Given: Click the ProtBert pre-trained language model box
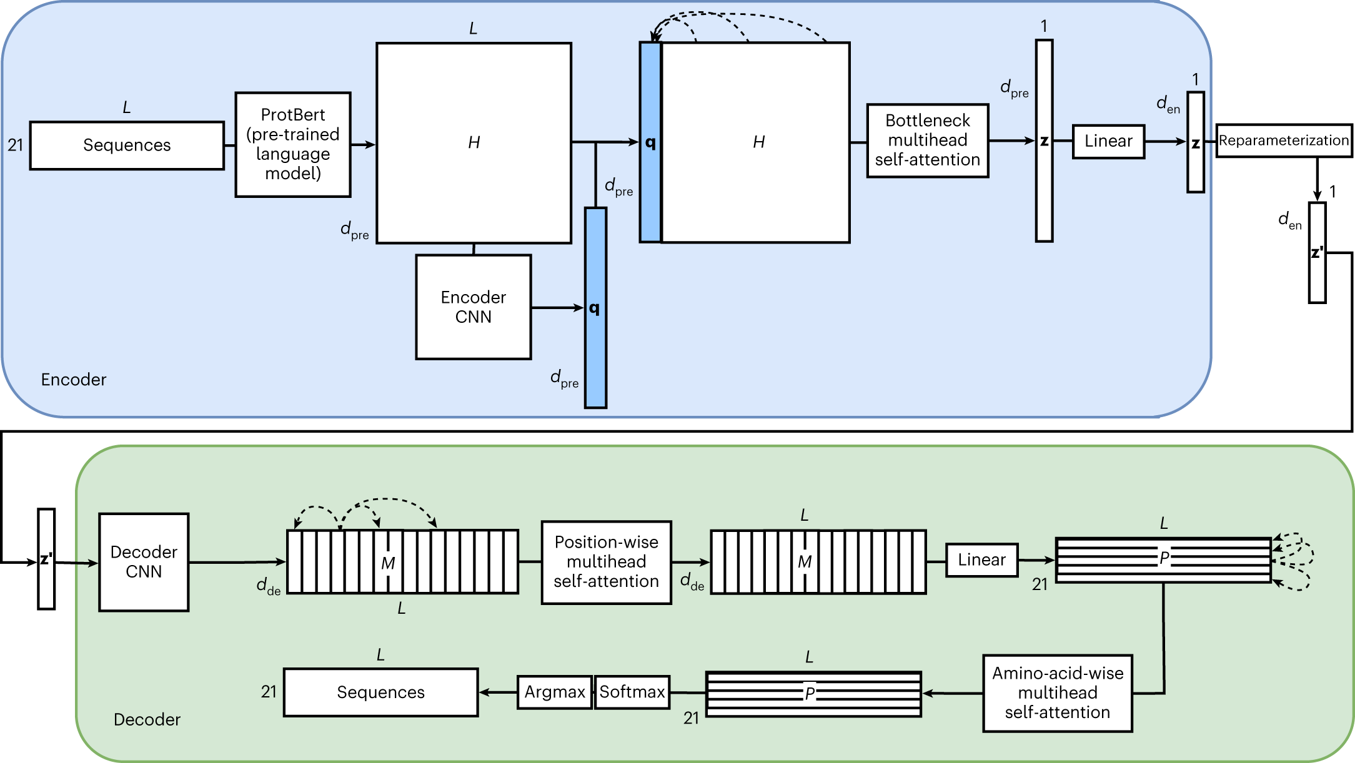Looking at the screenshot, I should (x=292, y=144).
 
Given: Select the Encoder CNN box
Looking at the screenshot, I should (x=473, y=307).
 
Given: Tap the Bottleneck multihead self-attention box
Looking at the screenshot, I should (x=927, y=140).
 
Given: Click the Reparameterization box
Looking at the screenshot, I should (x=1283, y=140).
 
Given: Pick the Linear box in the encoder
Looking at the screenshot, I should (x=1108, y=141).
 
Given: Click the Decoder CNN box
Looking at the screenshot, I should (x=144, y=562).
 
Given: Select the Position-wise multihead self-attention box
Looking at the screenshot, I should (x=606, y=562).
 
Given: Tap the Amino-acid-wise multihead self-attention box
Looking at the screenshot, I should (x=1057, y=693).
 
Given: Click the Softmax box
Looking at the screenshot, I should (x=632, y=692).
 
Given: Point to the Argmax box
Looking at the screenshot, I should (x=554, y=692).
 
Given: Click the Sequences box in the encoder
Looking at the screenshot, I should (x=127, y=145).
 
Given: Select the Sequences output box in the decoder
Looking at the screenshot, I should (x=380, y=692).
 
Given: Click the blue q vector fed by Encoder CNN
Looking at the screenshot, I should (x=595, y=308).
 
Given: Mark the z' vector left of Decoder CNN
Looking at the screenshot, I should (x=46, y=559).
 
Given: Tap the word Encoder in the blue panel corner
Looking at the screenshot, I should (x=74, y=380).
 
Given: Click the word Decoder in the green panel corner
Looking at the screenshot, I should (x=147, y=720).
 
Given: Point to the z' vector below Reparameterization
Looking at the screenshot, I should (x=1317, y=253).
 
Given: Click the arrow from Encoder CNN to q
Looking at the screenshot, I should (x=557, y=308).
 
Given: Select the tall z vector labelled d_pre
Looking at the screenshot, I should (x=1044, y=141).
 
